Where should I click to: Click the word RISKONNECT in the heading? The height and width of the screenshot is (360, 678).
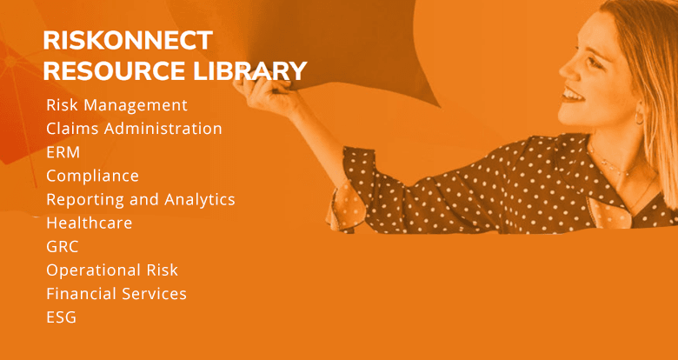pos(128,40)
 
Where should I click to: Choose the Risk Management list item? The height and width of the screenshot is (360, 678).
pos(116,105)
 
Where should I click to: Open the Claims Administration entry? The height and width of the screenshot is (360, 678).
pos(134,129)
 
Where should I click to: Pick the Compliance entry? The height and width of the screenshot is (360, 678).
pos(92,176)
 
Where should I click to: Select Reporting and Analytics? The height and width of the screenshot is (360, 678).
pos(140,199)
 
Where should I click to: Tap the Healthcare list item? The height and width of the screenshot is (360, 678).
pos(89,223)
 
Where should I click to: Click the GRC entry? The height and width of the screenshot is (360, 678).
pos(62,246)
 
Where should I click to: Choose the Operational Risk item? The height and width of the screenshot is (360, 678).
pos(111,270)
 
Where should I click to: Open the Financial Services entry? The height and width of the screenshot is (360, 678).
pos(116,293)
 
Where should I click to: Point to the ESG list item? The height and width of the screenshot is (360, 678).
pos(61,317)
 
